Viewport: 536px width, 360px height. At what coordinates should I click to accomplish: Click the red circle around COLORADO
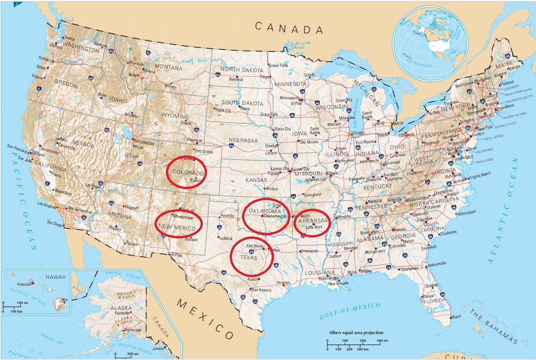point(186,173)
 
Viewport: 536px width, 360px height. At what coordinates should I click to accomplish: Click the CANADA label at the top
point(289,28)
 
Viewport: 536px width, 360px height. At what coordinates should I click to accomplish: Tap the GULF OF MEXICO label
point(350,311)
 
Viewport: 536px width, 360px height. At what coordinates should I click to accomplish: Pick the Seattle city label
point(69,38)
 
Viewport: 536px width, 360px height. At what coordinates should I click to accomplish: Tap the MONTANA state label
point(169,67)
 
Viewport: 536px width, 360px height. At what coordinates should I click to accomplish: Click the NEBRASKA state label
point(243,140)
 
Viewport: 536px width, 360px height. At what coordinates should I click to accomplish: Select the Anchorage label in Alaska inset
point(133,330)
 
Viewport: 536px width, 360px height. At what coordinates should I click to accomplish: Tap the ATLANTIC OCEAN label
point(505,211)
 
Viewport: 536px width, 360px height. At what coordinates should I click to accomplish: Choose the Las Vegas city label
point(93,185)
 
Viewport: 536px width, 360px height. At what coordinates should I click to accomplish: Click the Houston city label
point(283,283)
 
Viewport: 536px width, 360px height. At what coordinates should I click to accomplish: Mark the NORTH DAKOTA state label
point(242,70)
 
